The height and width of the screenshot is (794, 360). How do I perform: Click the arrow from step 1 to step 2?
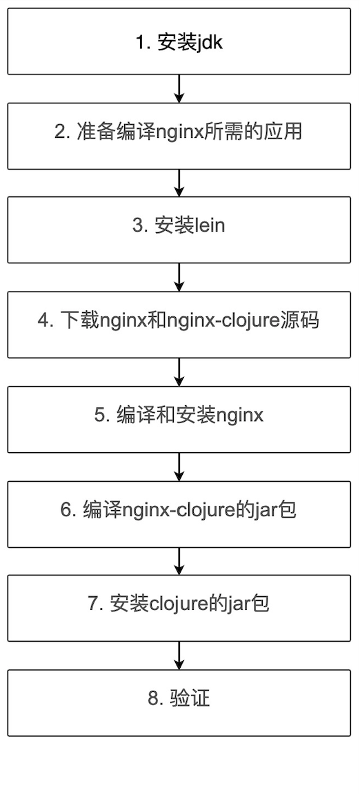click(x=179, y=88)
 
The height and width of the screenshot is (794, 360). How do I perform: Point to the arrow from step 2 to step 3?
click(x=179, y=183)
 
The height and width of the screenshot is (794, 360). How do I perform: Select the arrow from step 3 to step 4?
click(x=179, y=277)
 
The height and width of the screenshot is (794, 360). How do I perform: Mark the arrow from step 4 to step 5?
click(x=179, y=372)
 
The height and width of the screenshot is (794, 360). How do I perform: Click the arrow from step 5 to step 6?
click(x=179, y=467)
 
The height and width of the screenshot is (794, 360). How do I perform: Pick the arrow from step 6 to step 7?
click(x=179, y=561)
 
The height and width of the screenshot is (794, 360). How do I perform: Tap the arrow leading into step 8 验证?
click(x=179, y=655)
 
